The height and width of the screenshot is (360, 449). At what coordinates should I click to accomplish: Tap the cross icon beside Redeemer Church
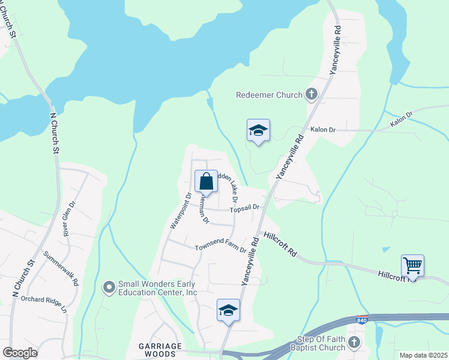point(311,94)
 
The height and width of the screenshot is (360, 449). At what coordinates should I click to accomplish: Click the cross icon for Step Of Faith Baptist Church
point(354,343)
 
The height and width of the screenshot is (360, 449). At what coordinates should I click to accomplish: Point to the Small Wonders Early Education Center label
point(158,288)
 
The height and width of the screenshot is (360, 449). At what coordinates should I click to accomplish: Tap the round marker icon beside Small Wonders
point(109,288)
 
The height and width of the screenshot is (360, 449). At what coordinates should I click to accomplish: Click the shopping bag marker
point(205,181)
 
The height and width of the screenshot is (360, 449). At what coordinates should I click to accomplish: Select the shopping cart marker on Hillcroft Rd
point(412,265)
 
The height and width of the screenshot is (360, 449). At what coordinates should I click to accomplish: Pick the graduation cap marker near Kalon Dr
point(258,130)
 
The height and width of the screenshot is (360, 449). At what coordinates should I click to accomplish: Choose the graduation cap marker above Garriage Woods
point(228,310)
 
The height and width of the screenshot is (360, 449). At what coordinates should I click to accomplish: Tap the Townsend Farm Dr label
point(220,247)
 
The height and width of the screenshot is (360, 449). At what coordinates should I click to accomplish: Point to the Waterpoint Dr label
point(180,211)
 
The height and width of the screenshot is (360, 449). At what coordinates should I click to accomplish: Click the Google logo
point(20,353)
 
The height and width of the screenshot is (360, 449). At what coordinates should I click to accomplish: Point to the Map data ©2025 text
point(423,355)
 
